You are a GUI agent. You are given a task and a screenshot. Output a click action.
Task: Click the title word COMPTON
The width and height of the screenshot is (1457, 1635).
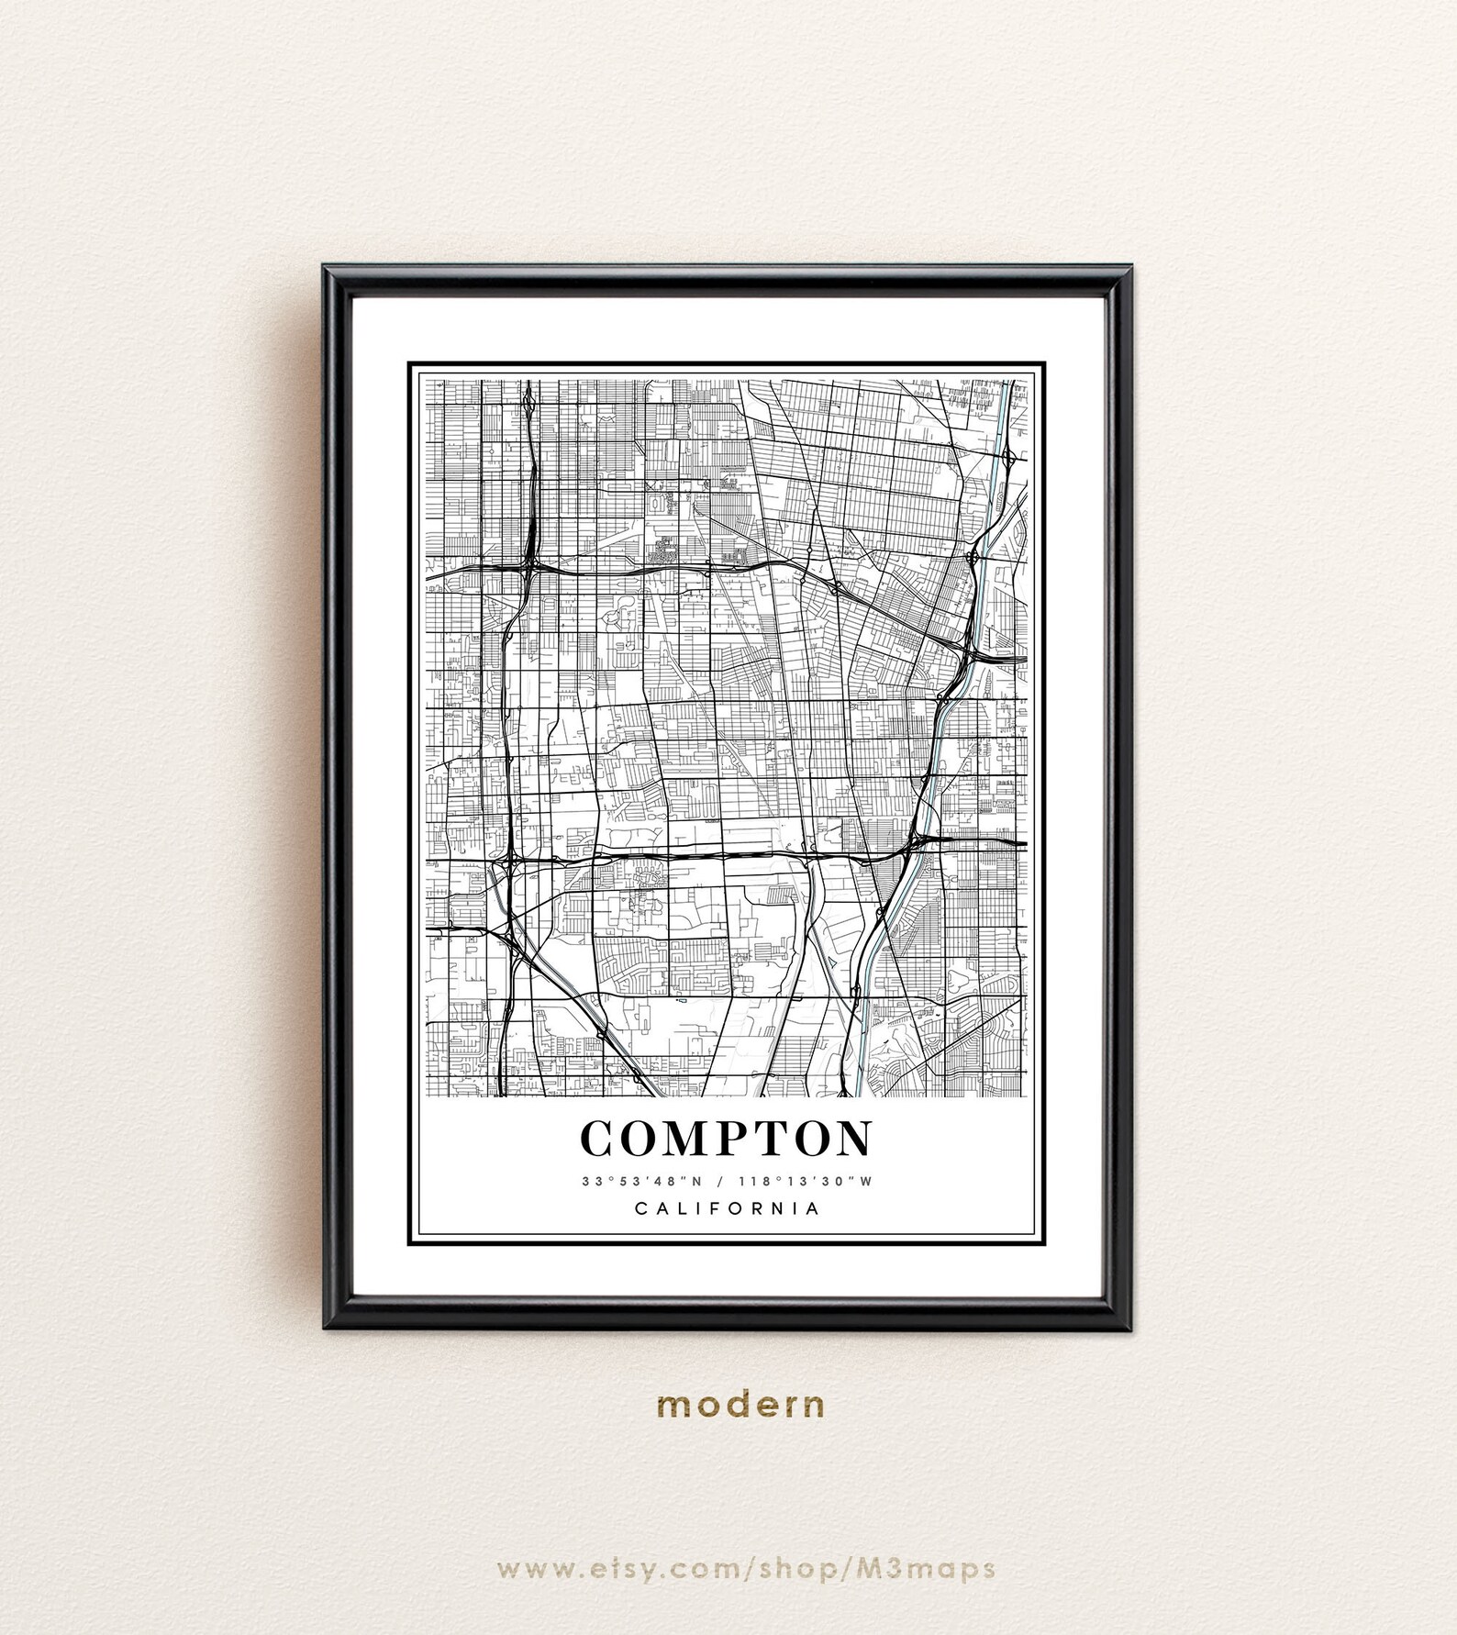[727, 1139]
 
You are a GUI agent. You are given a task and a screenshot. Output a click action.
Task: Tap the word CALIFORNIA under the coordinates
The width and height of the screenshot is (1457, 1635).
[728, 1208]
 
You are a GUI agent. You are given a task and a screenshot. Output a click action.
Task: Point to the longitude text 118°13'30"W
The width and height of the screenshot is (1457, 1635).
[805, 1182]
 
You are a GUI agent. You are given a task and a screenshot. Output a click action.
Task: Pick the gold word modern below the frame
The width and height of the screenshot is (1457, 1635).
[740, 1404]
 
